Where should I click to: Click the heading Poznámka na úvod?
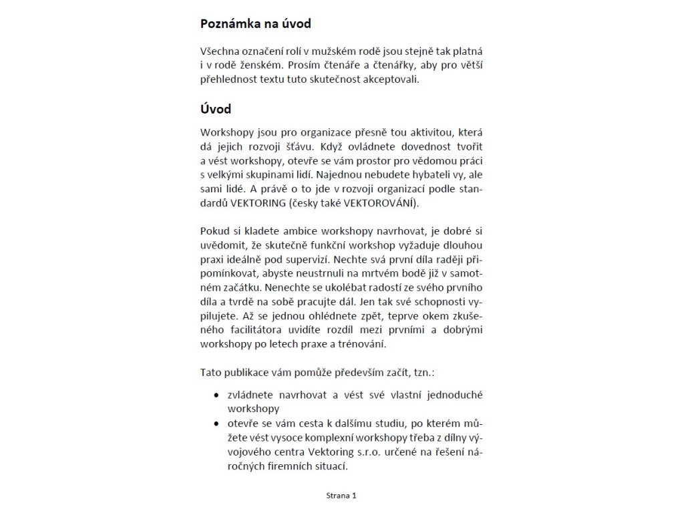pos(256,24)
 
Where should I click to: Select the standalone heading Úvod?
pos(216,108)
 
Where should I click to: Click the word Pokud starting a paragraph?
pos(214,231)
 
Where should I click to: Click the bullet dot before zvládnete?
pos(215,395)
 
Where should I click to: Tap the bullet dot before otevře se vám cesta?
pos(215,423)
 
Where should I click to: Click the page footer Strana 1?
pos(341,496)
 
